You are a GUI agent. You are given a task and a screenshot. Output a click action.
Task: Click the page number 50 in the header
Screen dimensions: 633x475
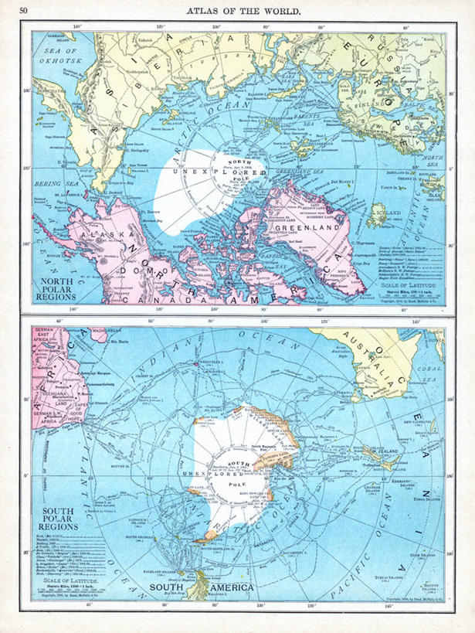(23, 9)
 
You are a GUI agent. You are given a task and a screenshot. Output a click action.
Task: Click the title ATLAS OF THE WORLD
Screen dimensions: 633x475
(245, 9)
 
